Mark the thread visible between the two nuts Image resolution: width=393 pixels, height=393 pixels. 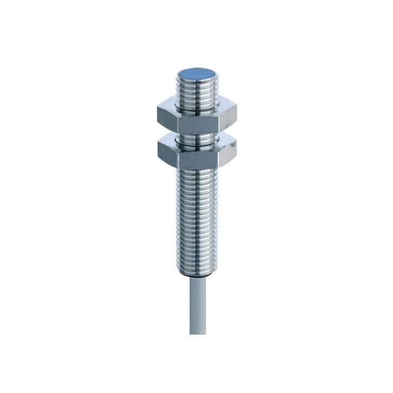(x=196, y=134)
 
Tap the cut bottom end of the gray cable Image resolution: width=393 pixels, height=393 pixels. (x=197, y=332)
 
